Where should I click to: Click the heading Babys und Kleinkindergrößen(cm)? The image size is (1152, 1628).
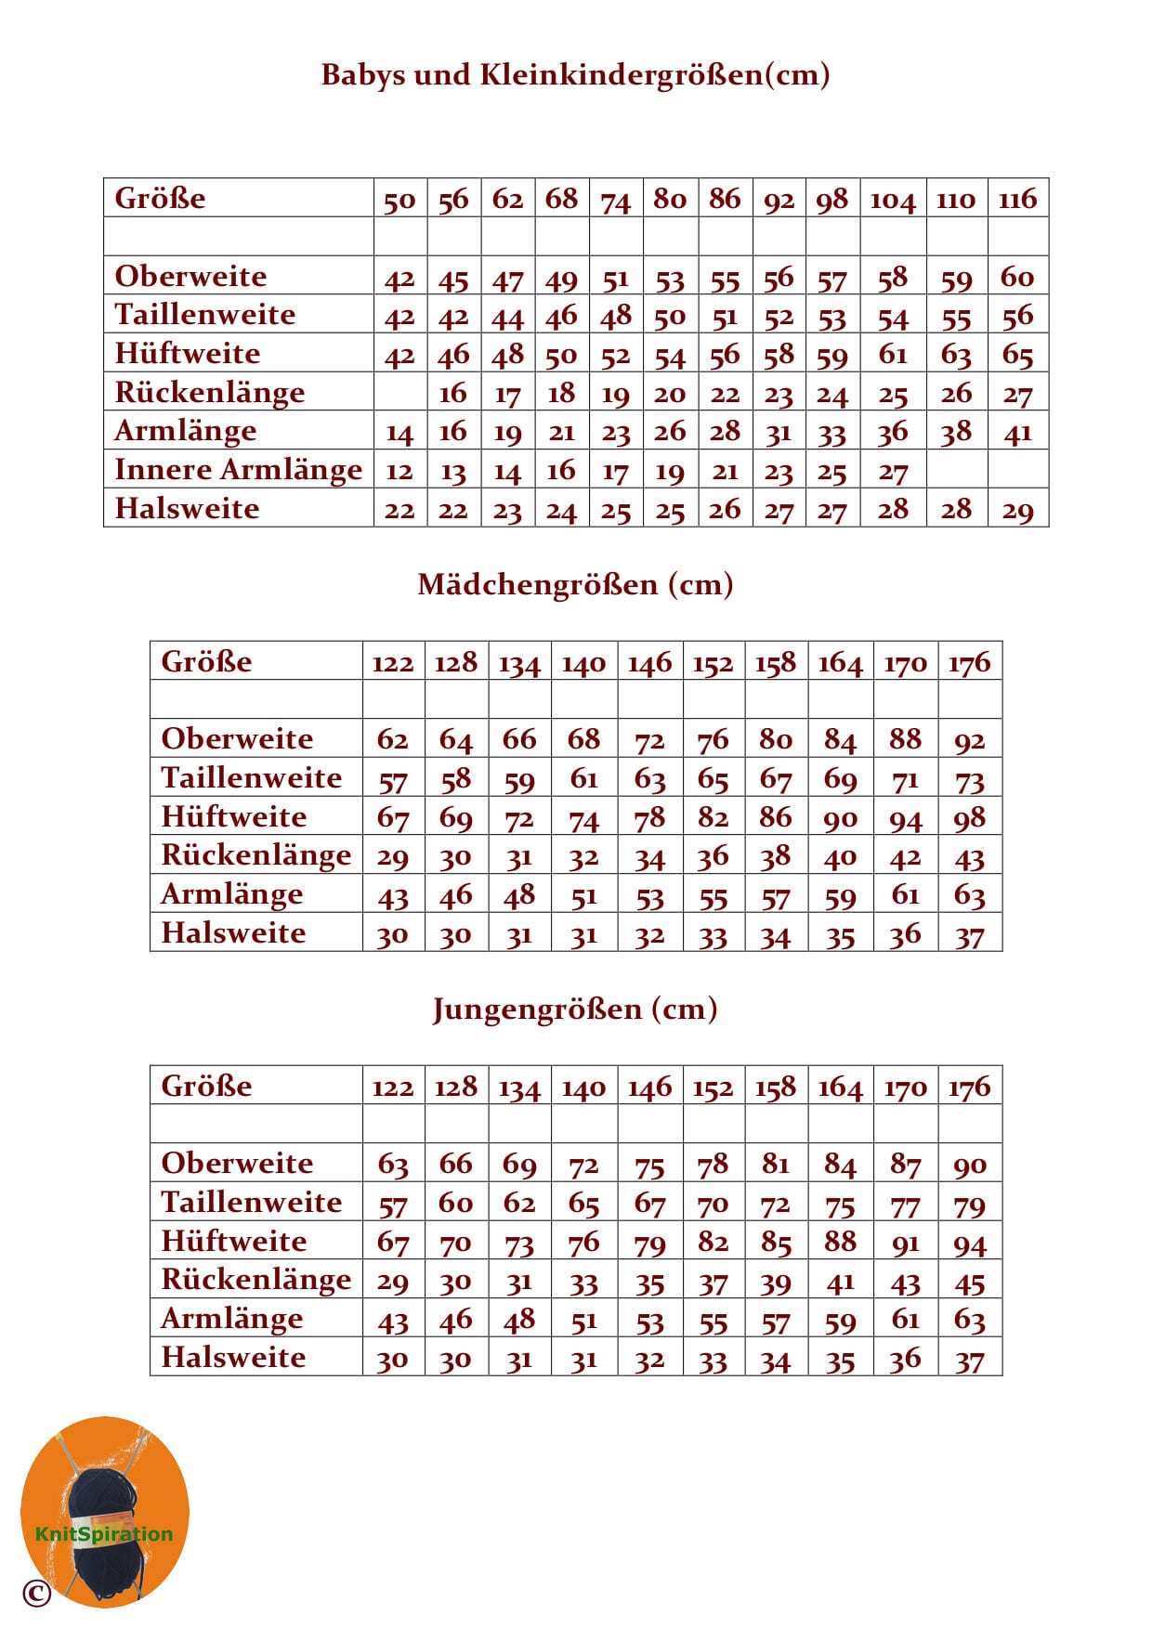tap(575, 74)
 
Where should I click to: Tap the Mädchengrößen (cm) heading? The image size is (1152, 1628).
tap(575, 584)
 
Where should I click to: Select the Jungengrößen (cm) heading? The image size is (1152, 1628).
tap(575, 1009)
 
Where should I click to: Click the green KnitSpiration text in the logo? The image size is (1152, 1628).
tap(103, 1533)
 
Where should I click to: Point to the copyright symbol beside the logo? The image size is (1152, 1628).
tap(36, 1593)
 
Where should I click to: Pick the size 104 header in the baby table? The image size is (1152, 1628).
tap(892, 199)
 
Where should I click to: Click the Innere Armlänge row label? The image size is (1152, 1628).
tap(238, 470)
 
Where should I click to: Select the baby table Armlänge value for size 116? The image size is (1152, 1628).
tap(1017, 432)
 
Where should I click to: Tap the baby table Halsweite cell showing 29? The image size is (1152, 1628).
tap(1017, 510)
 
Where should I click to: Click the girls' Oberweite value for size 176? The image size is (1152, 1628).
tap(969, 739)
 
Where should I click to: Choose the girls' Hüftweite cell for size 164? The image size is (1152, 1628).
tap(840, 817)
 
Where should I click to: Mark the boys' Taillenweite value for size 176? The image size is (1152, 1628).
tap(969, 1205)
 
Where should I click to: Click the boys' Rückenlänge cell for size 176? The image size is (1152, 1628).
tap(969, 1283)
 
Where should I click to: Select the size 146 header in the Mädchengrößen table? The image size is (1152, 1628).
tap(649, 663)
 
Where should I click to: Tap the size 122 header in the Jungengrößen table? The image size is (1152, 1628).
tap(392, 1088)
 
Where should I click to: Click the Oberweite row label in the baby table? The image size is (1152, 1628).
tap(190, 276)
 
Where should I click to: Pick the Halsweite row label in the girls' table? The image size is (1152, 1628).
tap(233, 932)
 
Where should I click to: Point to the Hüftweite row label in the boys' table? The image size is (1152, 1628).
tap(233, 1242)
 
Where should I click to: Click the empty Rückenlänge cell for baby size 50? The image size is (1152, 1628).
tap(399, 392)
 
